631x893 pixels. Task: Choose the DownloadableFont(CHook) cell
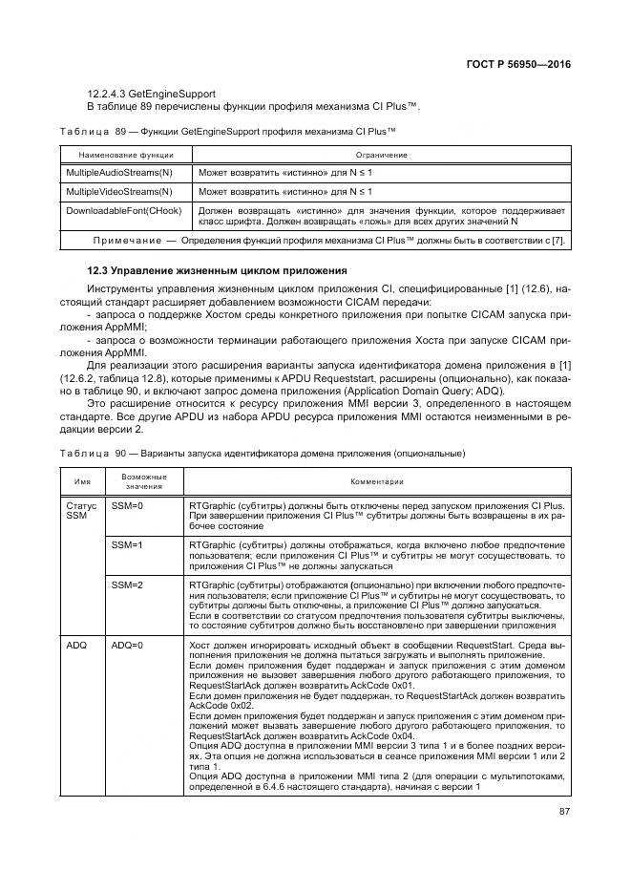pos(122,208)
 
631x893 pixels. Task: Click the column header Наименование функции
pos(119,154)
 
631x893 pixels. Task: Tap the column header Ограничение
pos(382,154)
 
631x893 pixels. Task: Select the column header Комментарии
pos(379,481)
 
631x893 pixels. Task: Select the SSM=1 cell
pos(127,543)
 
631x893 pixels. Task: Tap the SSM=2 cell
pos(127,584)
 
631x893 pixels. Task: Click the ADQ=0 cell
pos(127,646)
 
